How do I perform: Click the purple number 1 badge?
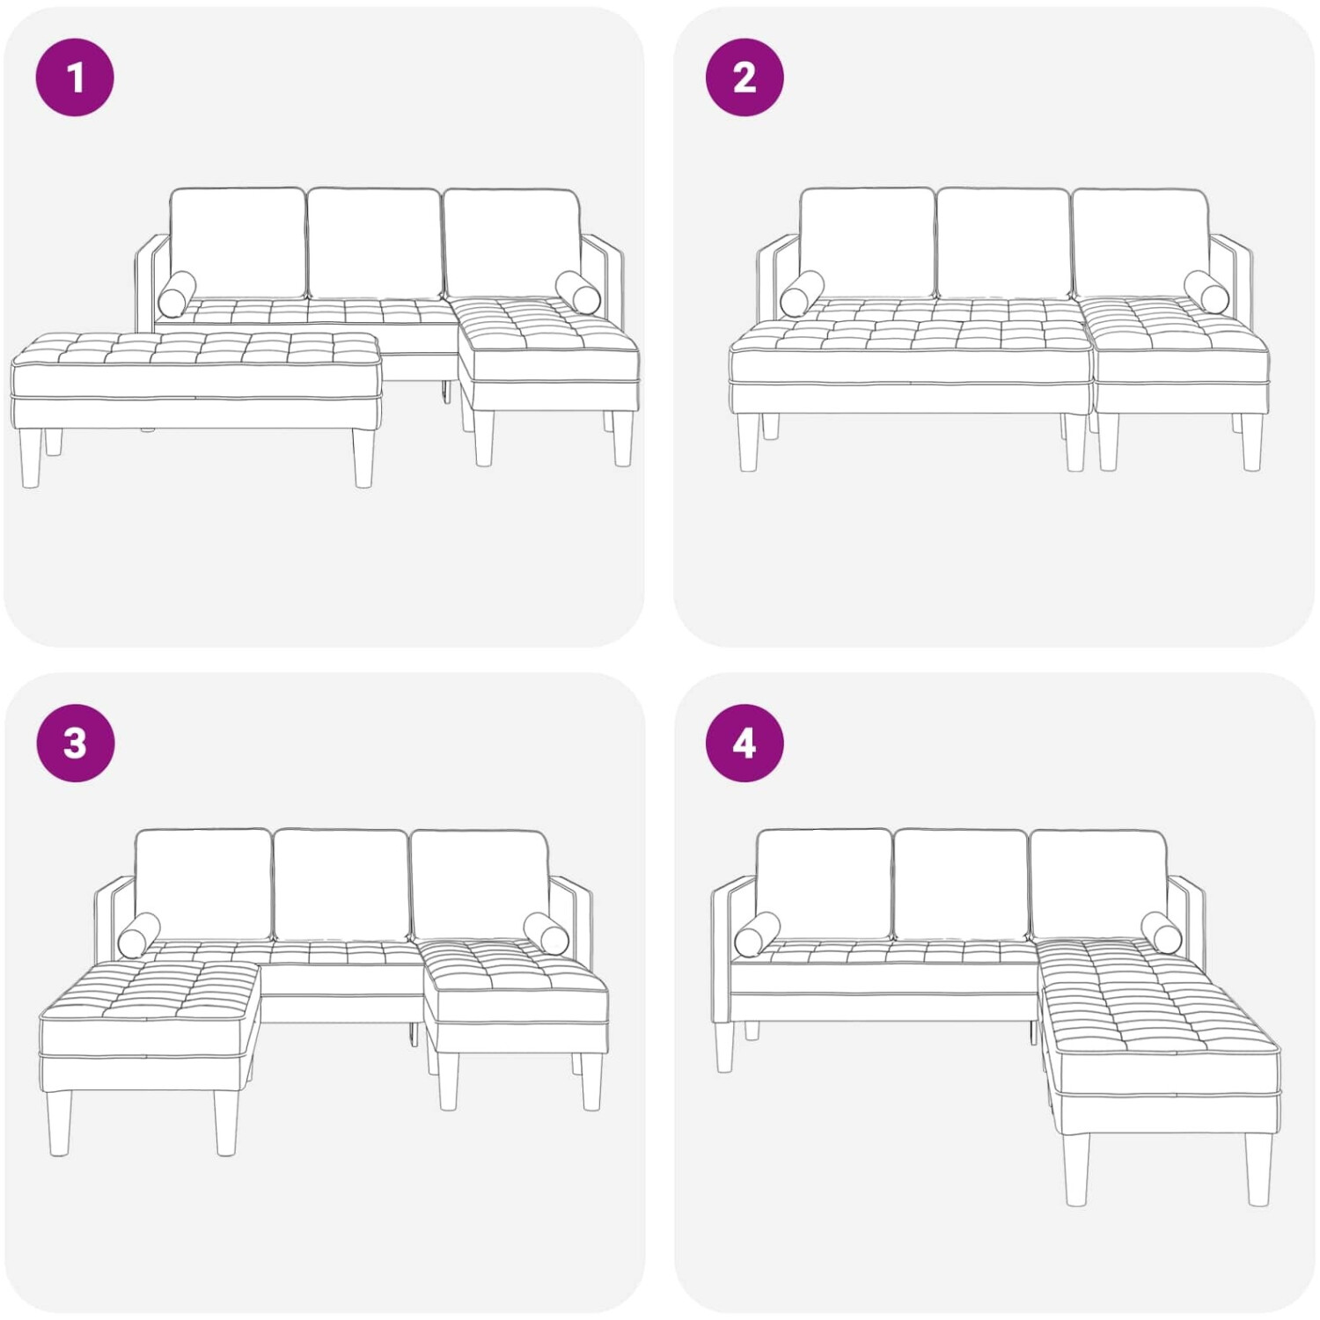(x=75, y=77)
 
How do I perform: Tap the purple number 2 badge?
(x=744, y=77)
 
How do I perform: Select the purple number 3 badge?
(x=75, y=743)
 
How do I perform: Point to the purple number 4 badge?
(x=744, y=743)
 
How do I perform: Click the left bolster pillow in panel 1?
(x=177, y=294)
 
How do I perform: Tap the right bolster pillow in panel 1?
(x=578, y=292)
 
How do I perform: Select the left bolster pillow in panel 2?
(x=802, y=293)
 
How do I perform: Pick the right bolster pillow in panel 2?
(x=1206, y=292)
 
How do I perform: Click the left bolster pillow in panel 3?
(x=139, y=935)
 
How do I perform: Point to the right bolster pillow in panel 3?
(x=546, y=933)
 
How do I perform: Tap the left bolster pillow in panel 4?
(x=758, y=934)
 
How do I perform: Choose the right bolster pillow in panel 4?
(x=1163, y=932)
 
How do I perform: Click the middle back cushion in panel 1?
(x=374, y=243)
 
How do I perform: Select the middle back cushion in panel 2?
(x=1003, y=243)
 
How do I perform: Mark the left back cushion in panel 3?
(x=204, y=884)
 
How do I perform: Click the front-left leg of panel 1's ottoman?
(x=31, y=458)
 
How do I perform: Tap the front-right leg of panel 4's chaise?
(x=1259, y=1170)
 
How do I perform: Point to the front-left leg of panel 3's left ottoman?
(x=59, y=1123)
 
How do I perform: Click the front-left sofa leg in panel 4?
(x=724, y=1047)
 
